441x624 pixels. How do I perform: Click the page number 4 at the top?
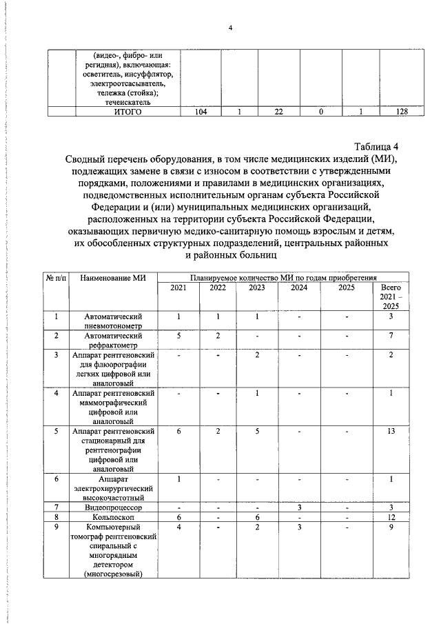(x=231, y=28)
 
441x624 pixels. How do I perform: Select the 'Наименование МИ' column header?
(x=113, y=277)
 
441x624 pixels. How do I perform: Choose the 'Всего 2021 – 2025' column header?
(x=391, y=296)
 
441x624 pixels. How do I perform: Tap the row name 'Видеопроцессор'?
(x=114, y=507)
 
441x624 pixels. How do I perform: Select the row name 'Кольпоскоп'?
(x=114, y=517)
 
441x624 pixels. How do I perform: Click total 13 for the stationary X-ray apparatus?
(x=391, y=431)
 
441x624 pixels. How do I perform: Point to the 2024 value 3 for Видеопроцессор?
(x=299, y=507)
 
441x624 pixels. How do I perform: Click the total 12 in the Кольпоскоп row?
(x=391, y=517)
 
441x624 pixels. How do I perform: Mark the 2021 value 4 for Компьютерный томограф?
(x=178, y=527)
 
